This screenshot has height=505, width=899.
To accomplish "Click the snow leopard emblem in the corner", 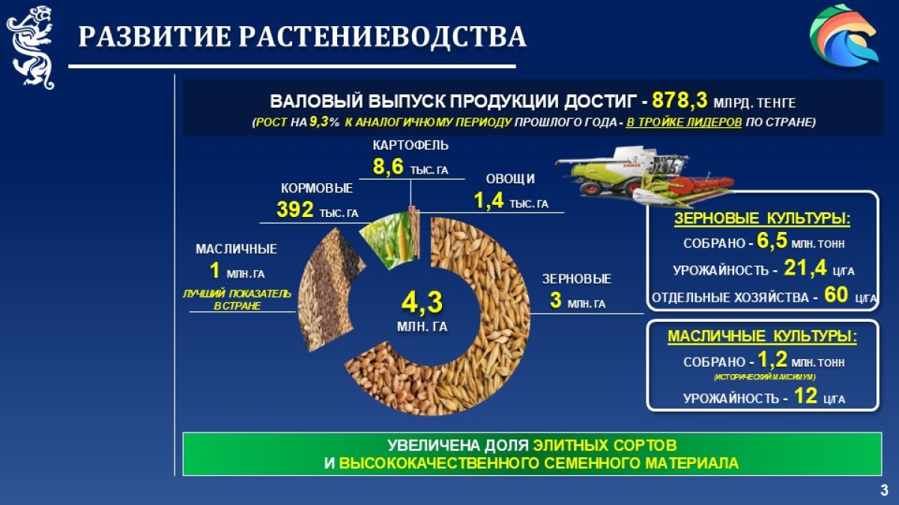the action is (31, 47).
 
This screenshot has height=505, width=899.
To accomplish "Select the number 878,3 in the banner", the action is (679, 100).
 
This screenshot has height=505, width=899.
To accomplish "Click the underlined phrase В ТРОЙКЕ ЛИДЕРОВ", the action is (683, 122).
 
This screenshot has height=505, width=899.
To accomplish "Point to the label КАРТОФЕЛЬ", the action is (411, 145).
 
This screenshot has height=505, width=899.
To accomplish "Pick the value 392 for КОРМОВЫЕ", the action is (295, 209).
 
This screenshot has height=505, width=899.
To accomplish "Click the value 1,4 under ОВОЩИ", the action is (488, 201).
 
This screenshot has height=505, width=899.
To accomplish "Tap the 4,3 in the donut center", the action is (423, 302).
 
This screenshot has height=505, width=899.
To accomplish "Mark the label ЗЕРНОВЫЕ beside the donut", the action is (576, 279).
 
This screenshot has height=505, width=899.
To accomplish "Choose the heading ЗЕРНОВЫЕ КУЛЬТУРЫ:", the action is (762, 218).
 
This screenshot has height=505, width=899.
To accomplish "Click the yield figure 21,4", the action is (805, 268).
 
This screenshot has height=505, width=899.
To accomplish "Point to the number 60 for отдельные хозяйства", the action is (836, 295).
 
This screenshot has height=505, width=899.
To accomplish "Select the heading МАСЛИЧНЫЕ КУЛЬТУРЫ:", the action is (762, 336).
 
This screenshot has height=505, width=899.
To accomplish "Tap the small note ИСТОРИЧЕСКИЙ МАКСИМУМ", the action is (765, 377).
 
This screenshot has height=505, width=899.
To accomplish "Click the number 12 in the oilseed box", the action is (805, 396).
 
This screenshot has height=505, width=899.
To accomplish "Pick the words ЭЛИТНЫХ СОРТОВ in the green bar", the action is (605, 445).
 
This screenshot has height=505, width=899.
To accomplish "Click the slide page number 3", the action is (884, 490).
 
